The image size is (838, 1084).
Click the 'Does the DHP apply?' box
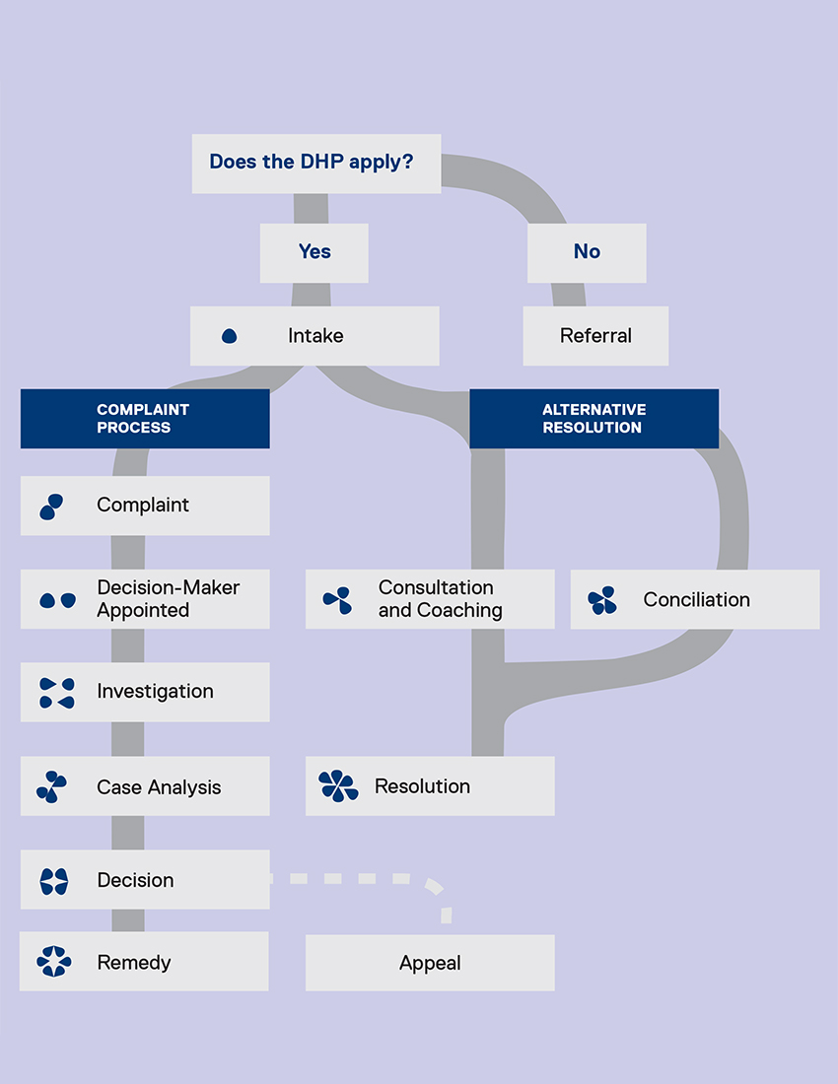tap(315, 163)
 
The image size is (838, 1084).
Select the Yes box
tap(314, 252)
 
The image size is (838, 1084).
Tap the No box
tap(587, 252)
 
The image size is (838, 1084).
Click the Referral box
tap(595, 336)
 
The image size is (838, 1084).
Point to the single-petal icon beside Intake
tap(230, 336)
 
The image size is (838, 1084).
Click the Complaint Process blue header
tap(144, 419)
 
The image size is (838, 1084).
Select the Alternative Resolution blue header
tap(594, 419)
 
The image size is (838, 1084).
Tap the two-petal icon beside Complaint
tap(52, 507)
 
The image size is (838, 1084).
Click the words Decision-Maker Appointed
tap(169, 599)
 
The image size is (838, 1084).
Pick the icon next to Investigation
tap(56, 693)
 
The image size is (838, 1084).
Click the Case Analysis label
tap(159, 787)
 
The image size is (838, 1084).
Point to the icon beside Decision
tap(54, 881)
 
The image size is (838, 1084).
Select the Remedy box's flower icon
tap(54, 962)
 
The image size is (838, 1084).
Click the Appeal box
tap(430, 963)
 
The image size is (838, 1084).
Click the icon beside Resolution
tap(338, 786)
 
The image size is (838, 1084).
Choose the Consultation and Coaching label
tap(440, 599)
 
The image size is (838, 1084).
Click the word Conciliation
tap(696, 599)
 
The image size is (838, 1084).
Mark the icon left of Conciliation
tap(601, 600)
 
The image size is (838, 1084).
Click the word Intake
tap(315, 336)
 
